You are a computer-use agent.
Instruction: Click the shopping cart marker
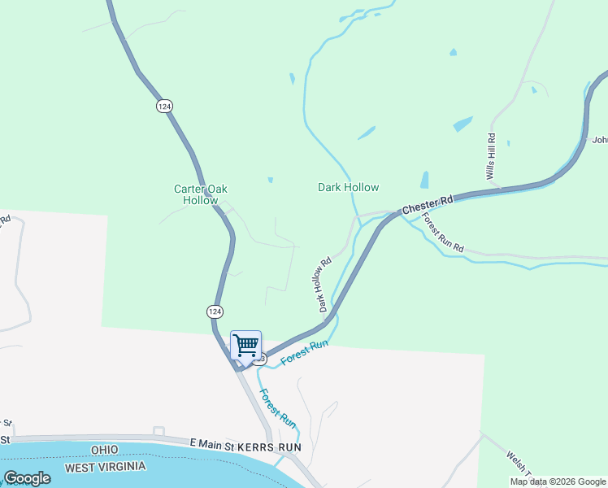point(245,344)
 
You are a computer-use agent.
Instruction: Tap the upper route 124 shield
point(165,107)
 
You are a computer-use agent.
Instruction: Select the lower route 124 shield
point(214,312)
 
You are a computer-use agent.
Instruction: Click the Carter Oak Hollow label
point(200,194)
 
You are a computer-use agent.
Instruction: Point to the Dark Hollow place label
point(348,187)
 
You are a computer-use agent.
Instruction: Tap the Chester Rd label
point(428,205)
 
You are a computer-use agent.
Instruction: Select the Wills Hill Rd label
point(490,156)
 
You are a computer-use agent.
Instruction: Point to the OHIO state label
point(105,450)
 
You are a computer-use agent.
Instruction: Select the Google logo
point(27,478)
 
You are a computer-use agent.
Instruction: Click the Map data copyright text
point(558,481)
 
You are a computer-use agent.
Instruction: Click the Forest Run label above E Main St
point(276,408)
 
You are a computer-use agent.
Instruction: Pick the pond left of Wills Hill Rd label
point(463,124)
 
